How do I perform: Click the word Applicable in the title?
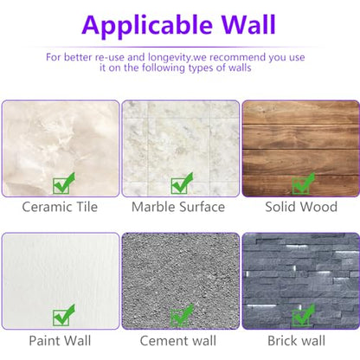tap(147, 25)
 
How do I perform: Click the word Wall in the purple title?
tap(248, 24)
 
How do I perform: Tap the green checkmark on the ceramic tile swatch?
tap(64, 183)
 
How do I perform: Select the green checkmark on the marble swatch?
tap(182, 183)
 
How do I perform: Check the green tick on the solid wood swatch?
tap(303, 183)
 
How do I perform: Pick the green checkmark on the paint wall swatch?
tap(64, 315)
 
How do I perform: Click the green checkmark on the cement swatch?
tap(182, 315)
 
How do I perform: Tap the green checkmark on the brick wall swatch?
tap(303, 315)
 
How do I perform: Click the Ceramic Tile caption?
tap(60, 207)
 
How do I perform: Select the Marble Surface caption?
tap(178, 207)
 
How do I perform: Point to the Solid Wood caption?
tap(301, 207)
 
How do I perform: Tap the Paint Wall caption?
tap(60, 341)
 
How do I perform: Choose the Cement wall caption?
tap(178, 341)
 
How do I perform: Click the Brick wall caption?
tap(297, 341)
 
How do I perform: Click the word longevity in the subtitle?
tap(170, 58)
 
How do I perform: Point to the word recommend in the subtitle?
tap(237, 57)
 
